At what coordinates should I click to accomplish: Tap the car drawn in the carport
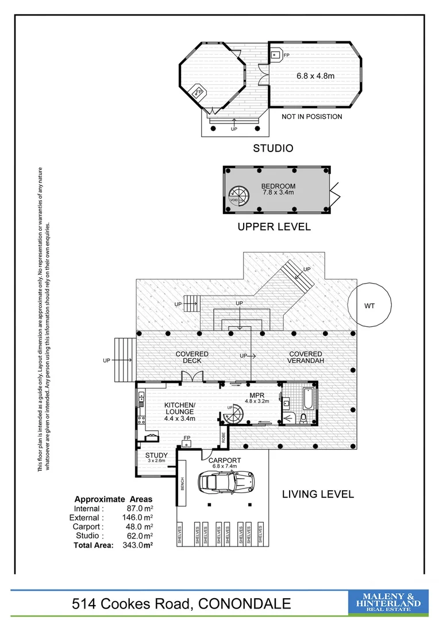(x=226, y=482)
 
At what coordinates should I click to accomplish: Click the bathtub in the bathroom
(x=309, y=398)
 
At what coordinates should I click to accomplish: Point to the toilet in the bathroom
(x=303, y=418)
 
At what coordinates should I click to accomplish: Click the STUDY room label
(x=156, y=455)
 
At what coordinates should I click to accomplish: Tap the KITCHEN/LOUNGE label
(x=180, y=409)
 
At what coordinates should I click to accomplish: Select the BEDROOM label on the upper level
(x=278, y=186)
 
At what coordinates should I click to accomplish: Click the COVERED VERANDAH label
(x=306, y=357)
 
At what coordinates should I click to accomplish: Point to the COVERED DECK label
(x=192, y=357)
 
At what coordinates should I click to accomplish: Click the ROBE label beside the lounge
(x=224, y=437)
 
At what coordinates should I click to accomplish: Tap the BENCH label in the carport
(x=183, y=484)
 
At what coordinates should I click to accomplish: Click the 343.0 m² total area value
(x=137, y=545)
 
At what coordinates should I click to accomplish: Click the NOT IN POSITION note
(x=312, y=117)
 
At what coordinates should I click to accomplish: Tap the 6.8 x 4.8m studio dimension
(x=315, y=76)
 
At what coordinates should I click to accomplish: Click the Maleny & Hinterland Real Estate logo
(x=388, y=602)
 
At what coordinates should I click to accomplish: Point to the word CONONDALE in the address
(x=245, y=604)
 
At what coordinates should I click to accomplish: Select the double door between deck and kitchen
(x=192, y=377)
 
